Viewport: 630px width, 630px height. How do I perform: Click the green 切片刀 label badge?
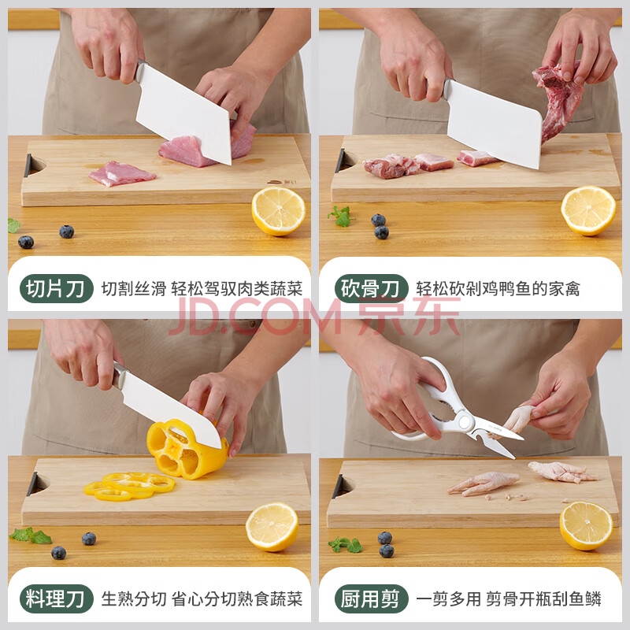[x=56, y=288]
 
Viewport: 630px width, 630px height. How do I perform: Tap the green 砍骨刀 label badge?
[x=371, y=288]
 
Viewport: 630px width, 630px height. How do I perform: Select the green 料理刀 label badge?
[x=56, y=598]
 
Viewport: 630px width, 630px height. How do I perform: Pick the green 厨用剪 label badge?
[x=371, y=598]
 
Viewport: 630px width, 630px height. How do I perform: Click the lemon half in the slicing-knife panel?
[x=278, y=210]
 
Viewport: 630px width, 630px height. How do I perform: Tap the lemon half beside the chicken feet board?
[x=586, y=525]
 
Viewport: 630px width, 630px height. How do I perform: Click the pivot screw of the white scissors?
[x=465, y=422]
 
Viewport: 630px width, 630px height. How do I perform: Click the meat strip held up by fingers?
[x=558, y=101]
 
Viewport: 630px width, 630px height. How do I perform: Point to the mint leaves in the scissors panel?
[x=346, y=544]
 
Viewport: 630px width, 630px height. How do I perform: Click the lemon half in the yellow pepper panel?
[x=272, y=527]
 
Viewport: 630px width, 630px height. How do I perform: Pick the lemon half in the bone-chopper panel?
[x=588, y=210]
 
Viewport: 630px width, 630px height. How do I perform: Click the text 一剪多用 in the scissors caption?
[x=448, y=599]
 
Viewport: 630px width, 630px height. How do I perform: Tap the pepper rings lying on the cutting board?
[x=128, y=486]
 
